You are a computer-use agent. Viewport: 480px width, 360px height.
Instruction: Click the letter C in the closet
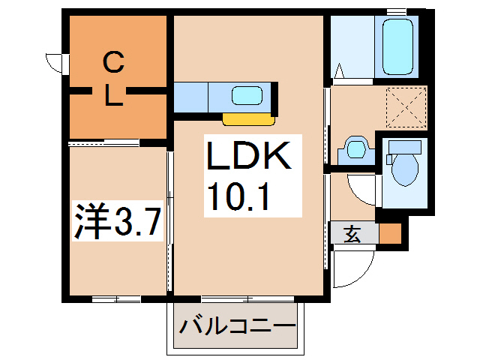point(113,62)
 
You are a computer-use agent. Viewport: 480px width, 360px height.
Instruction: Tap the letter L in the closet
point(114,95)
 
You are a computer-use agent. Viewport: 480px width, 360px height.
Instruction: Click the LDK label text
point(248,155)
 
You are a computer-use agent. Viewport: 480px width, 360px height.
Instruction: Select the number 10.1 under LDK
point(238,196)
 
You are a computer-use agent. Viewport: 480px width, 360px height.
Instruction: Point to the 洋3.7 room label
point(118,220)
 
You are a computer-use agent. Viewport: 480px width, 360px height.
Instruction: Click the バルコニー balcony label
point(238,326)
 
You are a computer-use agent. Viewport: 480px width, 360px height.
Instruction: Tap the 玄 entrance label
point(352,235)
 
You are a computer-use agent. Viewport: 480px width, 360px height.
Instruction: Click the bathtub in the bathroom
point(397,46)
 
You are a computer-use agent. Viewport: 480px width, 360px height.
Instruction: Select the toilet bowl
point(405,169)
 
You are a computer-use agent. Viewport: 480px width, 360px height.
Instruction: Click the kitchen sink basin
point(247,95)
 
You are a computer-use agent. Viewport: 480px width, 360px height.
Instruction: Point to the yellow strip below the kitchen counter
point(248,119)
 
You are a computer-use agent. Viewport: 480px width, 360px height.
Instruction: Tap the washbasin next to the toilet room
point(356,151)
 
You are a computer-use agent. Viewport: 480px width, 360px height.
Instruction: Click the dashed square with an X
point(406,107)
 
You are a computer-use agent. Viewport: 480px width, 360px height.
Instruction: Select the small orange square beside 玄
point(390,233)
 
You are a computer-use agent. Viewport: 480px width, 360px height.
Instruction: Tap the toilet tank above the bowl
point(405,147)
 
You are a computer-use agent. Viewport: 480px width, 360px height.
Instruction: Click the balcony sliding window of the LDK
point(247,298)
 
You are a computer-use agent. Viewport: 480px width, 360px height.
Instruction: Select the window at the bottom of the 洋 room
point(116,299)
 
